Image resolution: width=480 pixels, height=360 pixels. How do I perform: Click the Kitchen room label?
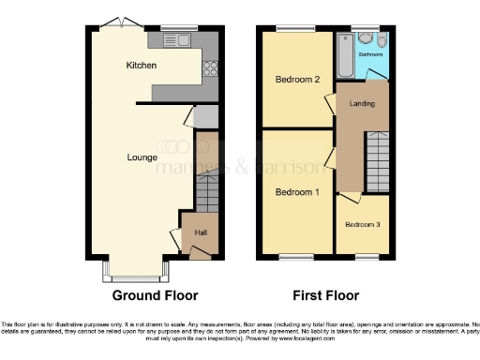click(x=142, y=66)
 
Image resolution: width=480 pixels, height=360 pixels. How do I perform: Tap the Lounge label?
click(x=142, y=157)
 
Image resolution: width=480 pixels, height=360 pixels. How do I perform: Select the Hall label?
click(x=201, y=232)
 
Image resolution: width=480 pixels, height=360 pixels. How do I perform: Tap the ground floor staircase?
click(x=205, y=193)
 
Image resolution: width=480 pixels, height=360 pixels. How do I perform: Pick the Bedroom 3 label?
click(x=362, y=225)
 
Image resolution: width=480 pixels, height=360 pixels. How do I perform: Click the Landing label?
click(x=362, y=102)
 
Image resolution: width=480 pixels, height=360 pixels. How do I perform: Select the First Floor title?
click(x=325, y=295)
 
